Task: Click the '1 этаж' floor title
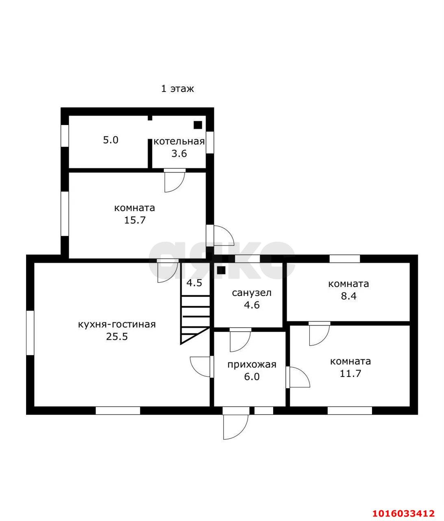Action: (x=177, y=89)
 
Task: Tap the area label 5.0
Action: (x=111, y=140)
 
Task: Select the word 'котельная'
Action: (x=179, y=141)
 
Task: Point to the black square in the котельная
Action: (x=198, y=125)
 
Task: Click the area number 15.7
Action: (x=135, y=220)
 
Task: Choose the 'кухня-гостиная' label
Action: (x=117, y=324)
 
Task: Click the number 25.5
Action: (x=117, y=337)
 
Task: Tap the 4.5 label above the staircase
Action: (x=194, y=282)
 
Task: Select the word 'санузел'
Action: (x=252, y=293)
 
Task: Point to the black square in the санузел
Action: (x=221, y=270)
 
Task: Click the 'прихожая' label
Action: (x=252, y=364)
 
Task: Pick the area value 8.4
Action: (x=348, y=296)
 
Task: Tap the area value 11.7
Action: (x=350, y=373)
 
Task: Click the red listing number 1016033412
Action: (x=404, y=506)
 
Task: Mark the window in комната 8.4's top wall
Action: (x=344, y=258)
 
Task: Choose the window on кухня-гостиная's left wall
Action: (x=30, y=333)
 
